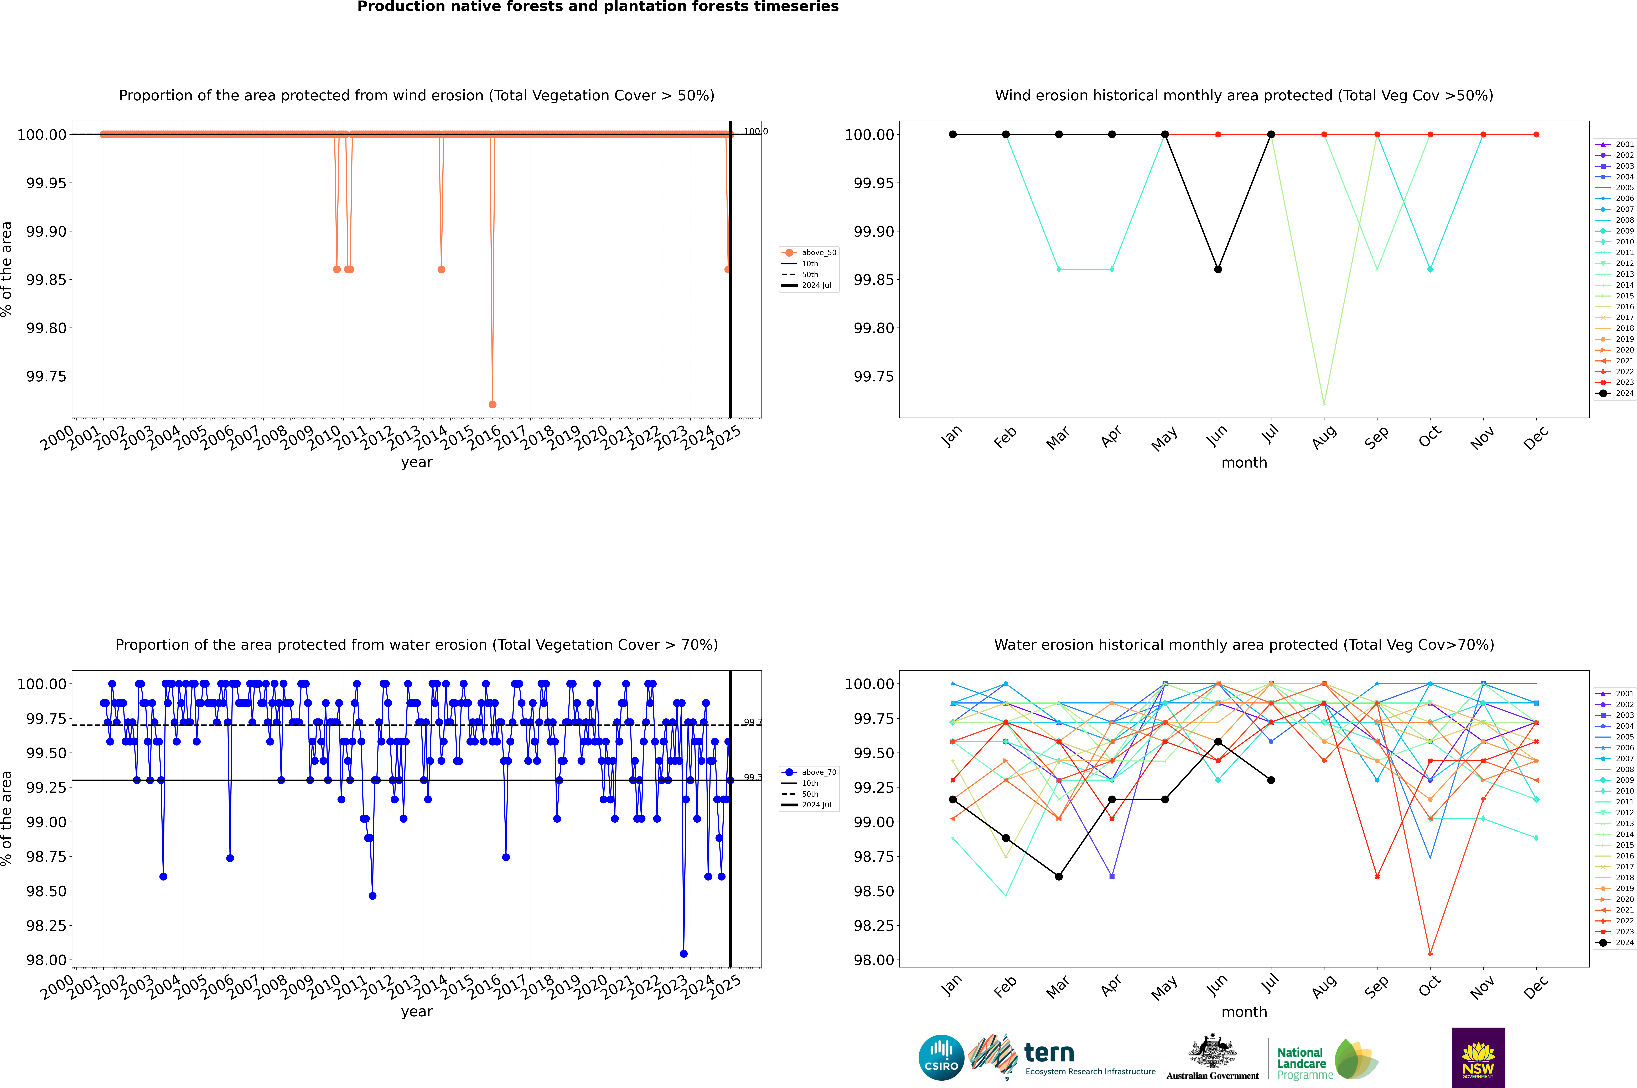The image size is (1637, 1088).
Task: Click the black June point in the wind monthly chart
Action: tap(1218, 269)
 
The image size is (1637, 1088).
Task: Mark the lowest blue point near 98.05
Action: tap(683, 953)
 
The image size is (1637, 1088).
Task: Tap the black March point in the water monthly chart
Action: tap(1059, 876)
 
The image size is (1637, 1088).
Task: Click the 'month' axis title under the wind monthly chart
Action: tap(1244, 463)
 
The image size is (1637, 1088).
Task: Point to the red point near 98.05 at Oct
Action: tap(1430, 953)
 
